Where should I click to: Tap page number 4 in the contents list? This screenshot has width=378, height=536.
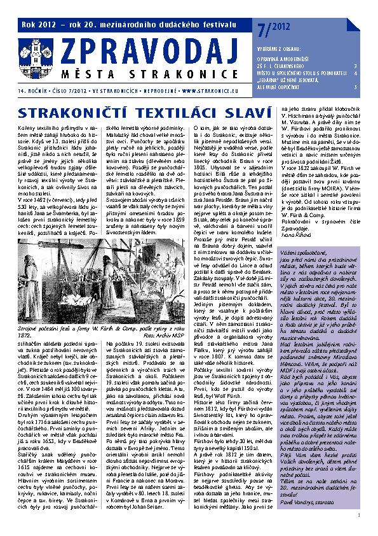(x=354, y=73)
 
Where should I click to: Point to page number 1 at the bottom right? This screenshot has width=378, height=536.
(x=360, y=515)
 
